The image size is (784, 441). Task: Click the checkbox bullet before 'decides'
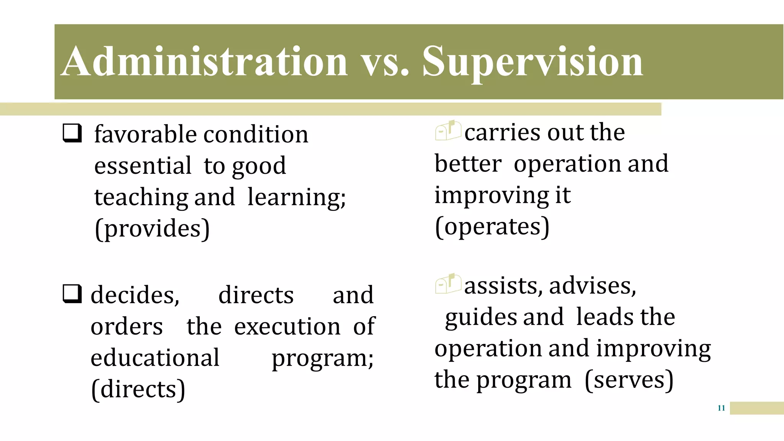72,294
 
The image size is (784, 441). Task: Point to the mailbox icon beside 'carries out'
448,130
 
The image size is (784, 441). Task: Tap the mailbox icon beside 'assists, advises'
448,284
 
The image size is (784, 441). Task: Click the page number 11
721,408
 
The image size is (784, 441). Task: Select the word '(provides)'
152,229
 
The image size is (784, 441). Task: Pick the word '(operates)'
492,227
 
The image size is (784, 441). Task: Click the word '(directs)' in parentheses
138,389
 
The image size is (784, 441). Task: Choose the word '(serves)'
629,380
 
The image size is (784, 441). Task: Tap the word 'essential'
142,166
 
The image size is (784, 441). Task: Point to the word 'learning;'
296,198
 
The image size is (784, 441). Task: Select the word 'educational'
155,358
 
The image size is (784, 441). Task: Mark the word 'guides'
480,318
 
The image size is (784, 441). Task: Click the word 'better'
468,164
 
